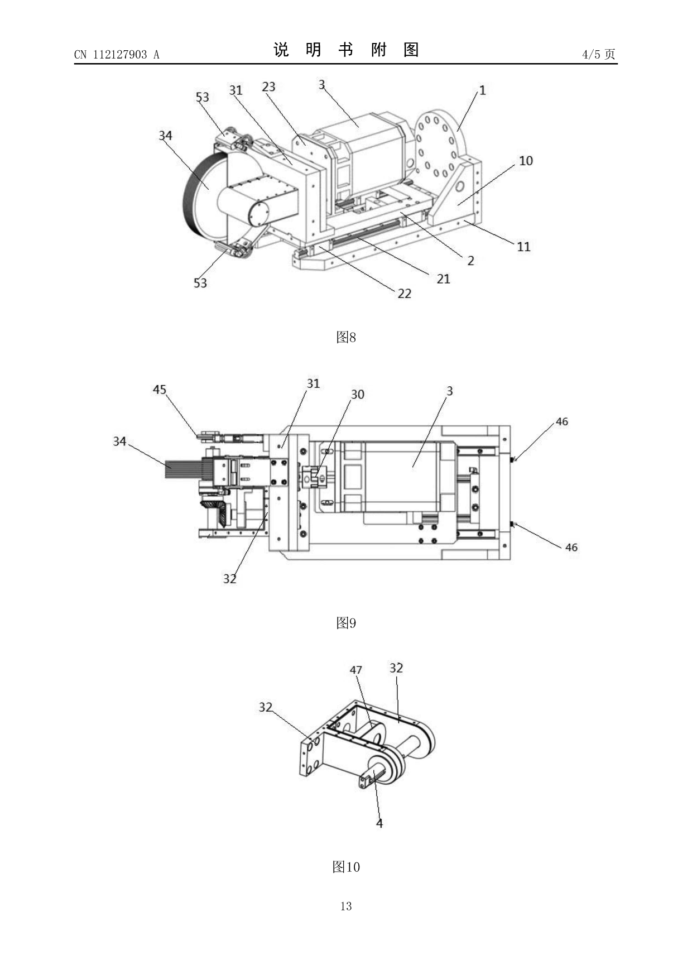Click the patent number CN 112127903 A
[117, 54]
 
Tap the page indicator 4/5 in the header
[592, 54]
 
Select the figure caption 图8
[346, 337]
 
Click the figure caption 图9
[346, 623]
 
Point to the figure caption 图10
[346, 867]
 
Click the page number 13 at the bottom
[346, 906]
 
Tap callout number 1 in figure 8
[483, 90]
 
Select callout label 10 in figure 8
[526, 161]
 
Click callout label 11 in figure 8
[523, 247]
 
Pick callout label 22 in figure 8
[404, 294]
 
